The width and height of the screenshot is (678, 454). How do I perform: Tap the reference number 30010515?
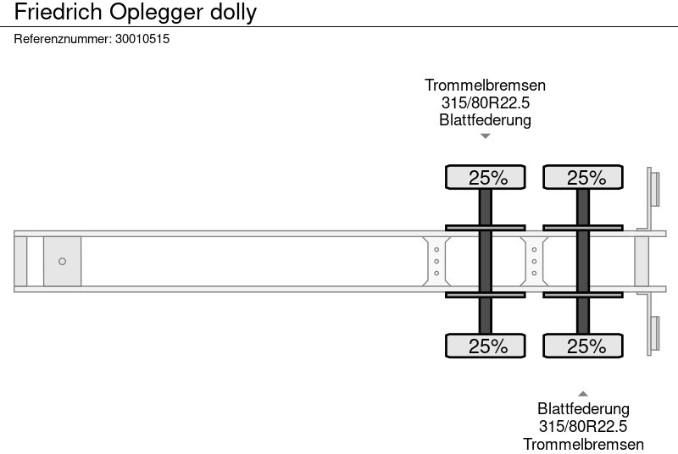(x=142, y=39)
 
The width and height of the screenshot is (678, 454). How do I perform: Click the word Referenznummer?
(x=62, y=39)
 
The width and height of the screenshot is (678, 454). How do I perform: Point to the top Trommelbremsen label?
(x=485, y=86)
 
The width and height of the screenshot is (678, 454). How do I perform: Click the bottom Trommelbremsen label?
(x=583, y=444)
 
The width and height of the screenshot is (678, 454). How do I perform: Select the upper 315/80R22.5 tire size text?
(x=485, y=102)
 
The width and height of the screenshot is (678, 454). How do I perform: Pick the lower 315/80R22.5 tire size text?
(x=583, y=426)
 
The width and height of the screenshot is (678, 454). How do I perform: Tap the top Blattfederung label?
(x=485, y=119)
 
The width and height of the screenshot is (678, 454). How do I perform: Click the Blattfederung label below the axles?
(x=583, y=409)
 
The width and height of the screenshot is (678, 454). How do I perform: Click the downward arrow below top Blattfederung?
(x=485, y=136)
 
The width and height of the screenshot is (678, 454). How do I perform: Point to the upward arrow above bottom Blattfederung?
(x=583, y=393)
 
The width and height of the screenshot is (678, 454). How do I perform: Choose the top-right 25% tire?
(x=584, y=178)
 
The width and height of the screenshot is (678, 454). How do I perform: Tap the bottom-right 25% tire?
(x=584, y=346)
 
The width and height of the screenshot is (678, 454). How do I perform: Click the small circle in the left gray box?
(x=62, y=262)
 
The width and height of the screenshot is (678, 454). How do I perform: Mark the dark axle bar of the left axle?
(x=486, y=261)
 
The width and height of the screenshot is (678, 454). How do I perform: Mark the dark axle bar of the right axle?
(x=583, y=261)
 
